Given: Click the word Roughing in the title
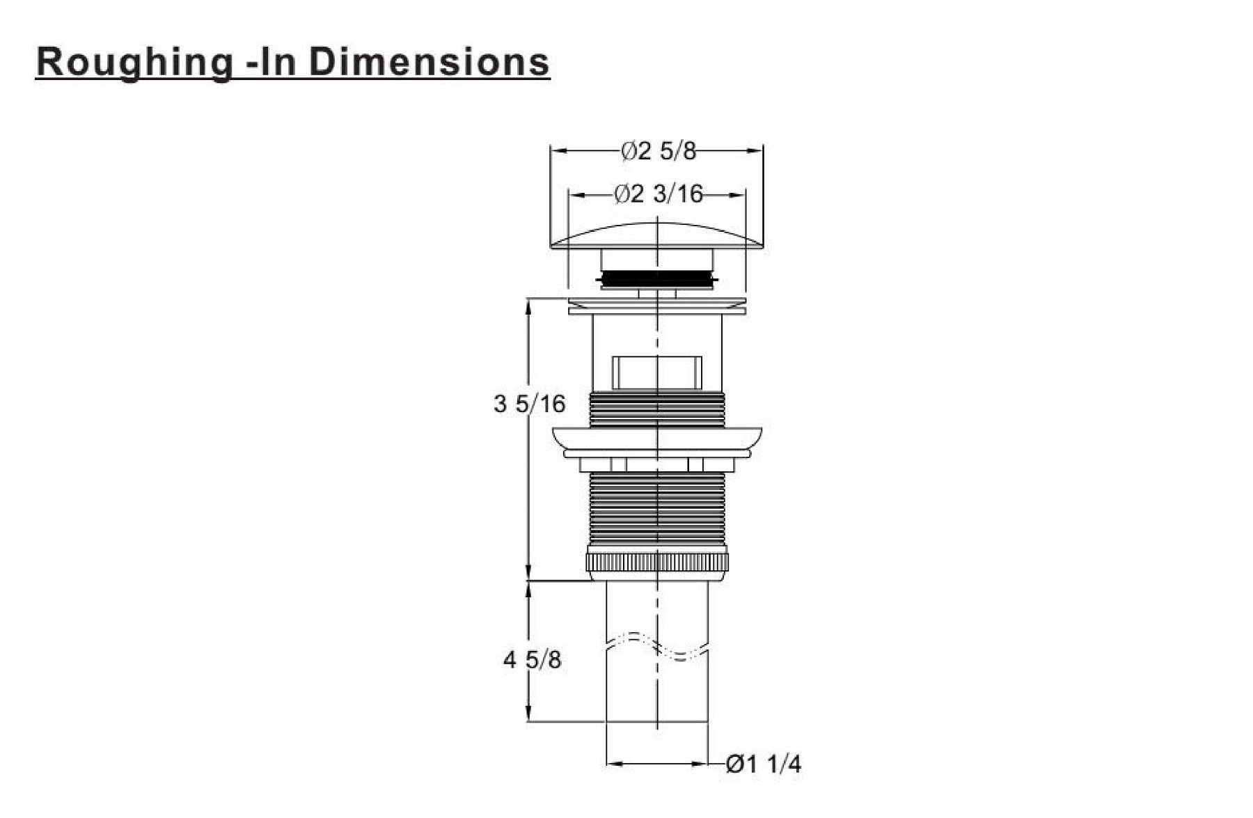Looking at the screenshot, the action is pos(134,63).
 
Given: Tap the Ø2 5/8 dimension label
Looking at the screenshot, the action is pos(658,150).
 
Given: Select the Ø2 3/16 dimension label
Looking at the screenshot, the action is pos(659,194).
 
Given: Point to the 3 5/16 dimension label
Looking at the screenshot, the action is pos(530,404).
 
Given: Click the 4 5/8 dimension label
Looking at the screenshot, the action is pos(532,659).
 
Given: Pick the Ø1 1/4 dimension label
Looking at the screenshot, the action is pos(763,764).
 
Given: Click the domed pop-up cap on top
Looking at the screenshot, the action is pos(657,236).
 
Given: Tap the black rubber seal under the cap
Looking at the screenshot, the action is pos(657,279).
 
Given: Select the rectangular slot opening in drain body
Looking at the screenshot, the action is pos(656,372).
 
